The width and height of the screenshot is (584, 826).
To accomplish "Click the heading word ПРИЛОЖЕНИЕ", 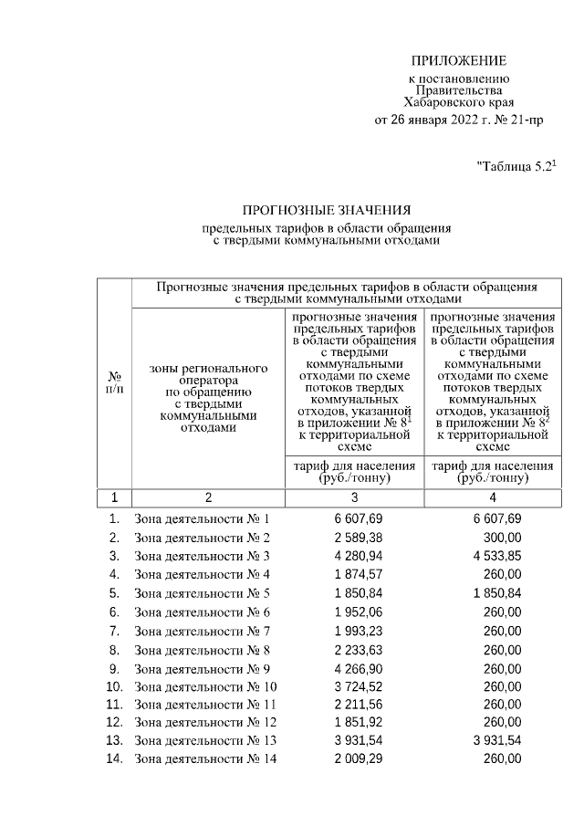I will pos(458,61).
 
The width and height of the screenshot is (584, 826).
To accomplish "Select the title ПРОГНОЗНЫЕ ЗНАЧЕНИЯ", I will pos(327,210).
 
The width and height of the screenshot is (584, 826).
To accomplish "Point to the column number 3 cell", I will pos(354,498).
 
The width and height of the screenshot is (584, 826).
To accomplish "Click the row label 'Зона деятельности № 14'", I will pos(205,760).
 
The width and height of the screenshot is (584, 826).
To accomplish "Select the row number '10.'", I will pos(115,686).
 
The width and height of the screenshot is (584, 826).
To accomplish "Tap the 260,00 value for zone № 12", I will pos(502,723).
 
